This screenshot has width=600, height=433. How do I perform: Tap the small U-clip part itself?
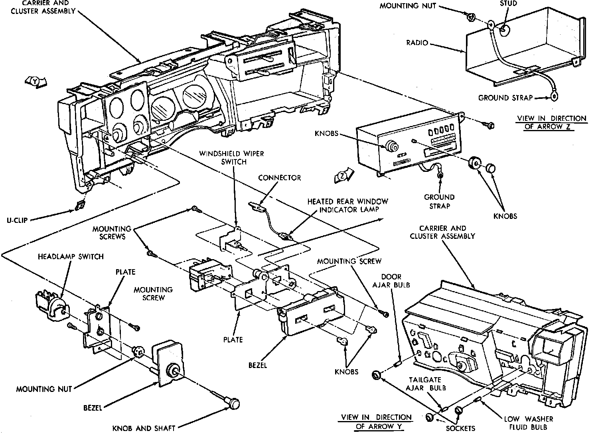pyautogui.click(x=79, y=205)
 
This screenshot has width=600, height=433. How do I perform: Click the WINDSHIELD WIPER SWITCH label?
pyautogui.click(x=231, y=157)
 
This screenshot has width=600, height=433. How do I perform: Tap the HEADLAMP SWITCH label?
pyautogui.click(x=71, y=256)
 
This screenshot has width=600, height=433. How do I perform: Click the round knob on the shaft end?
pyautogui.click(x=235, y=403)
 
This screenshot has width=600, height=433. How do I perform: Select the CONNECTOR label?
pyautogui.click(x=279, y=177)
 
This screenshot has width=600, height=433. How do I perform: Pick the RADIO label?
pyautogui.click(x=417, y=43)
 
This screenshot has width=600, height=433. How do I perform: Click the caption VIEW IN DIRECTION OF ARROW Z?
pyautogui.click(x=552, y=122)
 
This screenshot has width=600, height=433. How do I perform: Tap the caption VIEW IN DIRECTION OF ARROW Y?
pyautogui.click(x=376, y=421)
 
